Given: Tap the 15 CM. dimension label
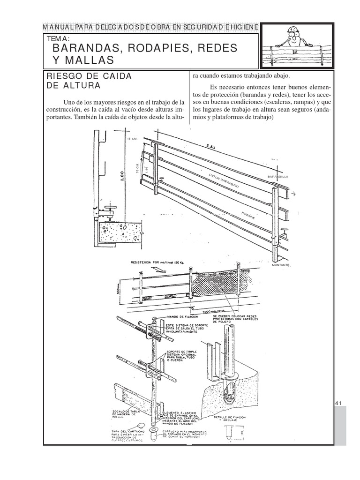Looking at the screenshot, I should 132,139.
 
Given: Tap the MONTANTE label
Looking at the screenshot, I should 281,265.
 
